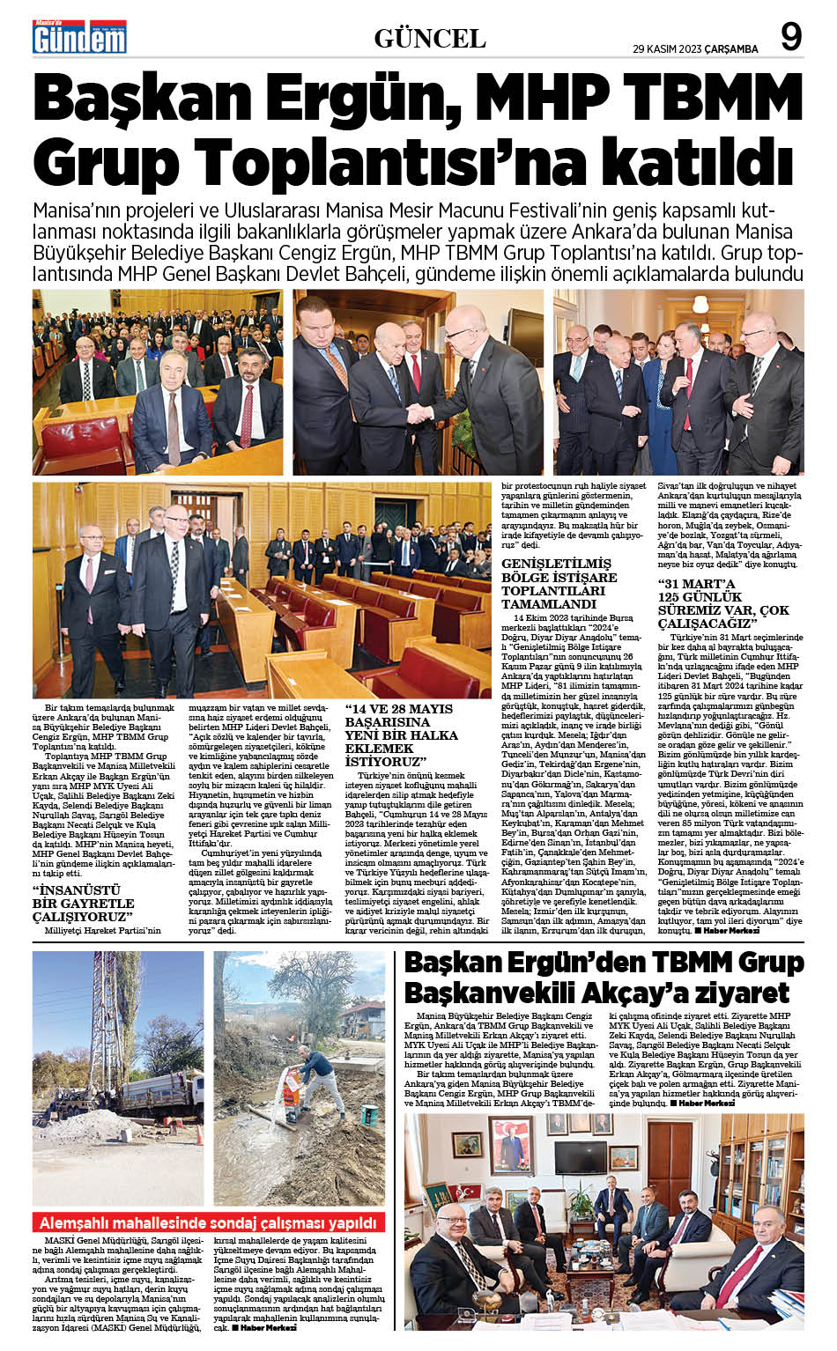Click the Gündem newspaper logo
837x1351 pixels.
(x=79, y=37)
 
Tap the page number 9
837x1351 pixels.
(x=790, y=38)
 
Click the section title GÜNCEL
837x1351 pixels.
(x=430, y=39)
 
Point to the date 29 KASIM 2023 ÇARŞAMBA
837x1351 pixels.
(x=695, y=49)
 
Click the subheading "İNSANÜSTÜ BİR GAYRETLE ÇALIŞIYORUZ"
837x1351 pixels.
(x=83, y=904)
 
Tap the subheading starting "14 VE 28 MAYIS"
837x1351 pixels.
(x=401, y=735)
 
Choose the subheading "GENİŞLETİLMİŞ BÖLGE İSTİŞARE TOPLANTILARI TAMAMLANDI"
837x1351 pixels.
(x=559, y=583)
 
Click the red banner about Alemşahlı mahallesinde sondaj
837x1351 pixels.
(x=209, y=1223)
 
